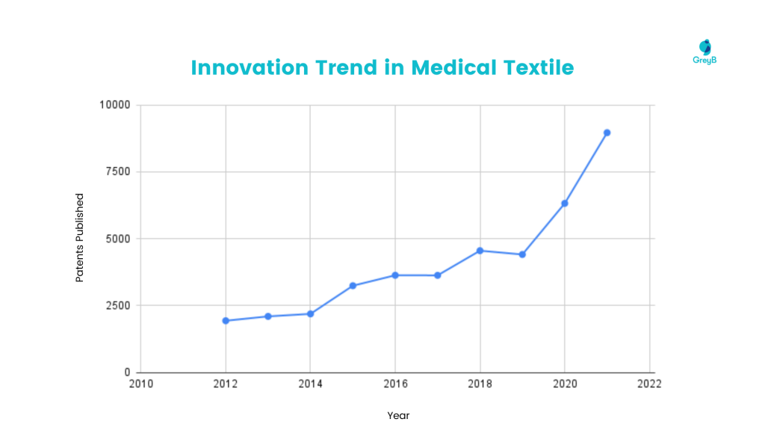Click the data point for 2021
(607, 132)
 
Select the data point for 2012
(226, 320)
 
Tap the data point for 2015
(353, 286)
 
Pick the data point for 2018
(480, 251)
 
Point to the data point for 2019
(522, 254)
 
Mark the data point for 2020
(565, 204)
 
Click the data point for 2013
(268, 316)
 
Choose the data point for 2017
(438, 275)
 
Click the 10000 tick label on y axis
(115, 105)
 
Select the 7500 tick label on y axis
(118, 171)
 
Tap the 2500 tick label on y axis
(118, 305)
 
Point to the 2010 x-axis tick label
(140, 384)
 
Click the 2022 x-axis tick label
(649, 384)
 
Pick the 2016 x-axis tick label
(395, 384)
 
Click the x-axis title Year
(398, 415)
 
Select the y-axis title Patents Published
(79, 238)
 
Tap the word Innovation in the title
(249, 67)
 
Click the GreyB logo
(704, 52)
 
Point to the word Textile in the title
(537, 67)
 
